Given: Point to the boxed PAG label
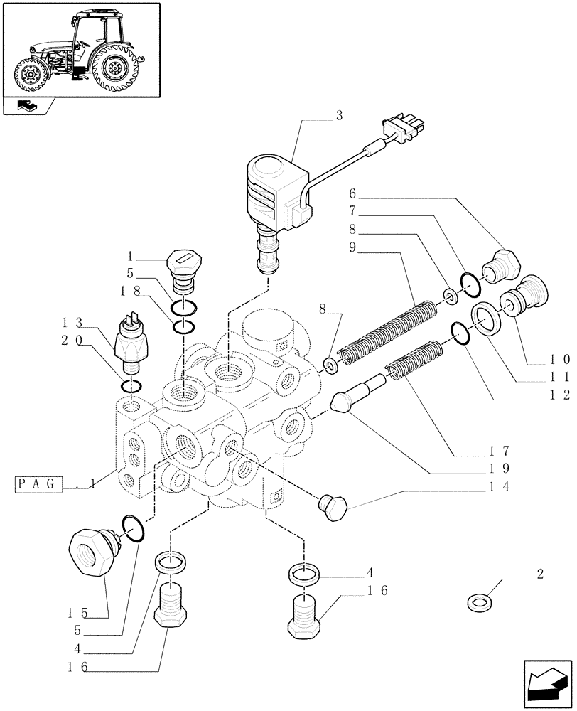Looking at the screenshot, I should [40, 484].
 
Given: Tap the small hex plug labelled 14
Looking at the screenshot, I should [332, 506].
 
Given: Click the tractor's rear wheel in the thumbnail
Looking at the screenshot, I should [113, 69].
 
